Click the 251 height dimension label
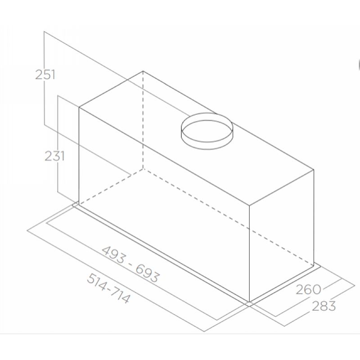pos(45,75)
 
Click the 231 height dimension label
pos(54,156)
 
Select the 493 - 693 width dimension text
pos(130,264)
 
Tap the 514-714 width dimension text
pos(108,288)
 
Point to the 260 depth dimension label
pos(308,289)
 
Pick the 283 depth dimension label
pos(324,306)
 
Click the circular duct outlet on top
pos(207,131)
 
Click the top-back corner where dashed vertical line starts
pos(143,71)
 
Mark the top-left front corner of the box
pos(79,107)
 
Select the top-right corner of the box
pos(314,170)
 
